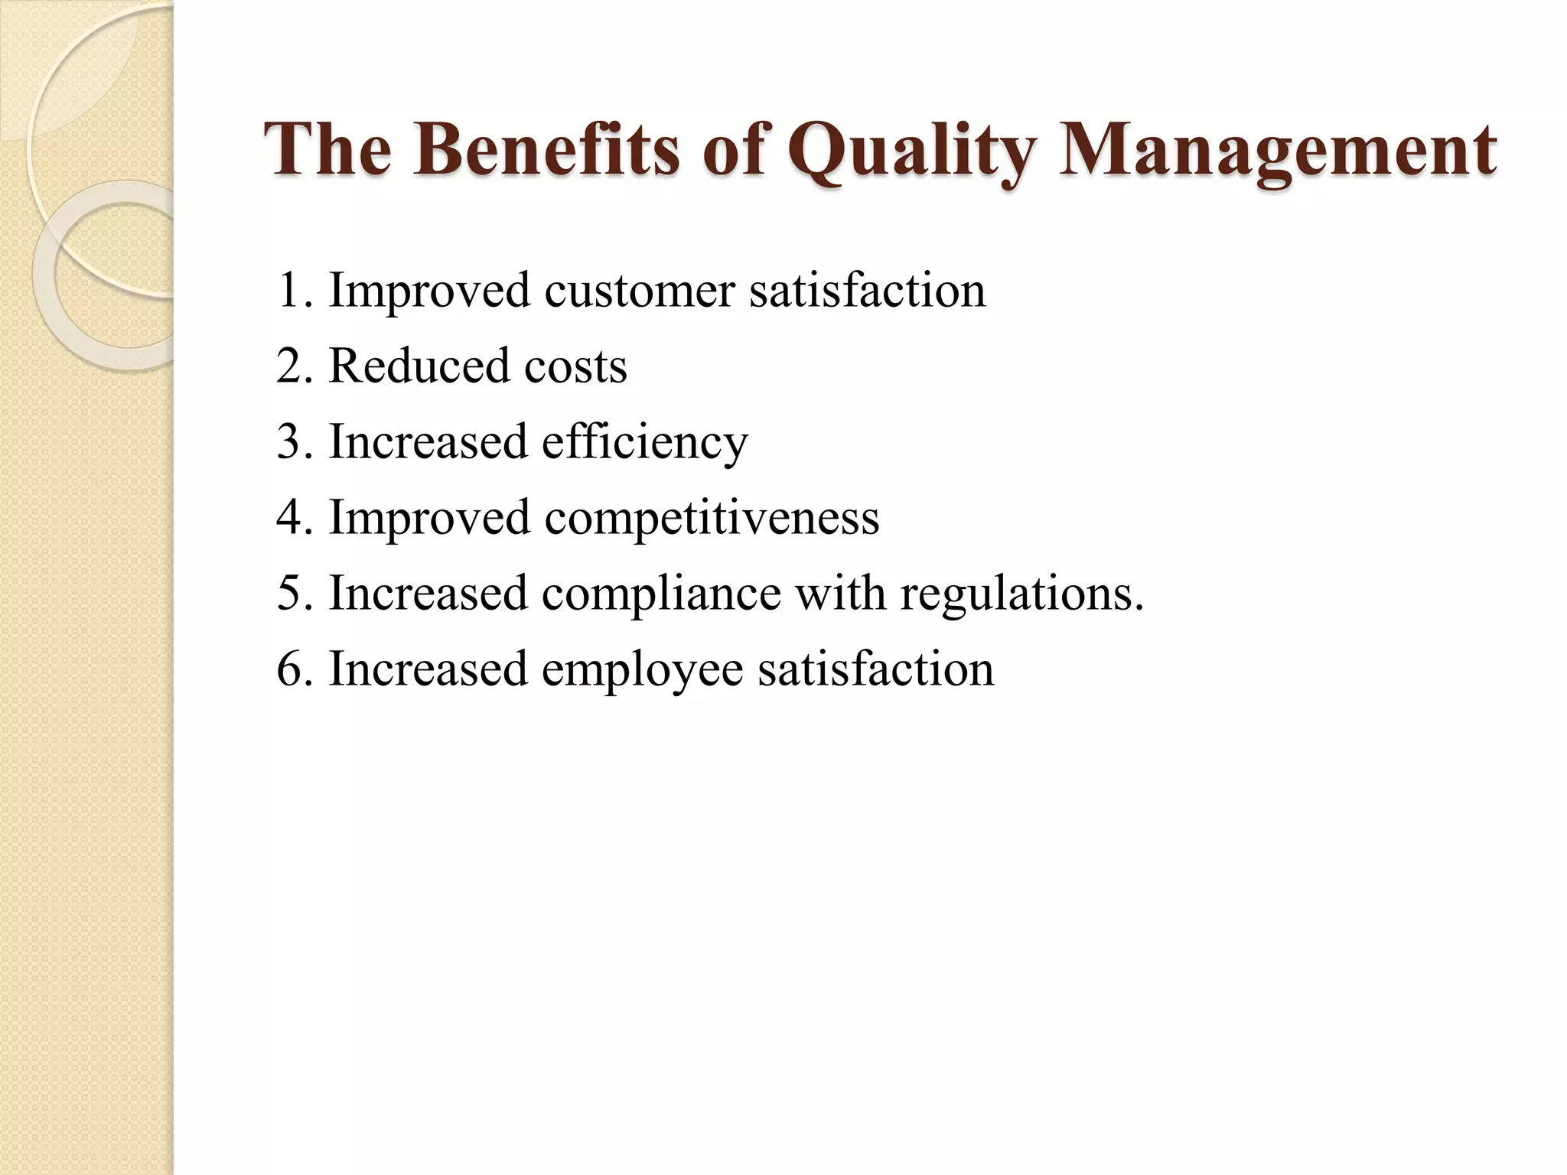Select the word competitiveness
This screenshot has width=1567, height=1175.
(712, 518)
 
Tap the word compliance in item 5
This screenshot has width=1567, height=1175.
(661, 594)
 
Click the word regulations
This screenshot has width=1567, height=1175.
(1022, 594)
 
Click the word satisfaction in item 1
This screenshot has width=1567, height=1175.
(867, 291)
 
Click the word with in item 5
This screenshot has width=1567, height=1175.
(840, 593)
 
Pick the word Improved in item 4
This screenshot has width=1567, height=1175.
(429, 518)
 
